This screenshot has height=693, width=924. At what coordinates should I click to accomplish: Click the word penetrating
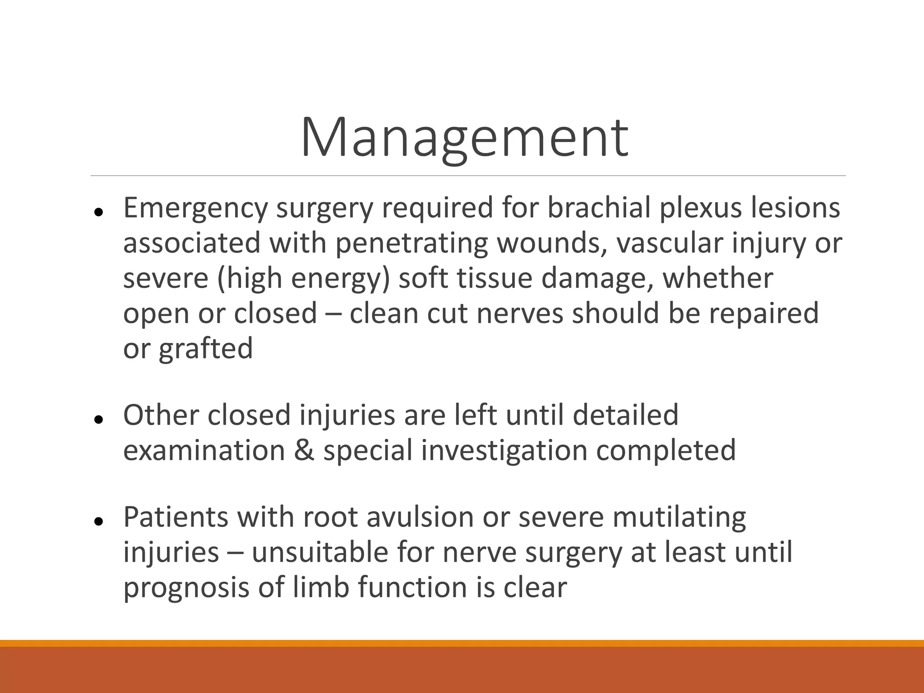[411, 243]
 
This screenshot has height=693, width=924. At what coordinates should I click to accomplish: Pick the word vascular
[669, 243]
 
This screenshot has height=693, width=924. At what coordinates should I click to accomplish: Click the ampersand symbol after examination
[304, 450]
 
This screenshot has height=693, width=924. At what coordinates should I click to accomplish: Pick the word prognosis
[186, 588]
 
